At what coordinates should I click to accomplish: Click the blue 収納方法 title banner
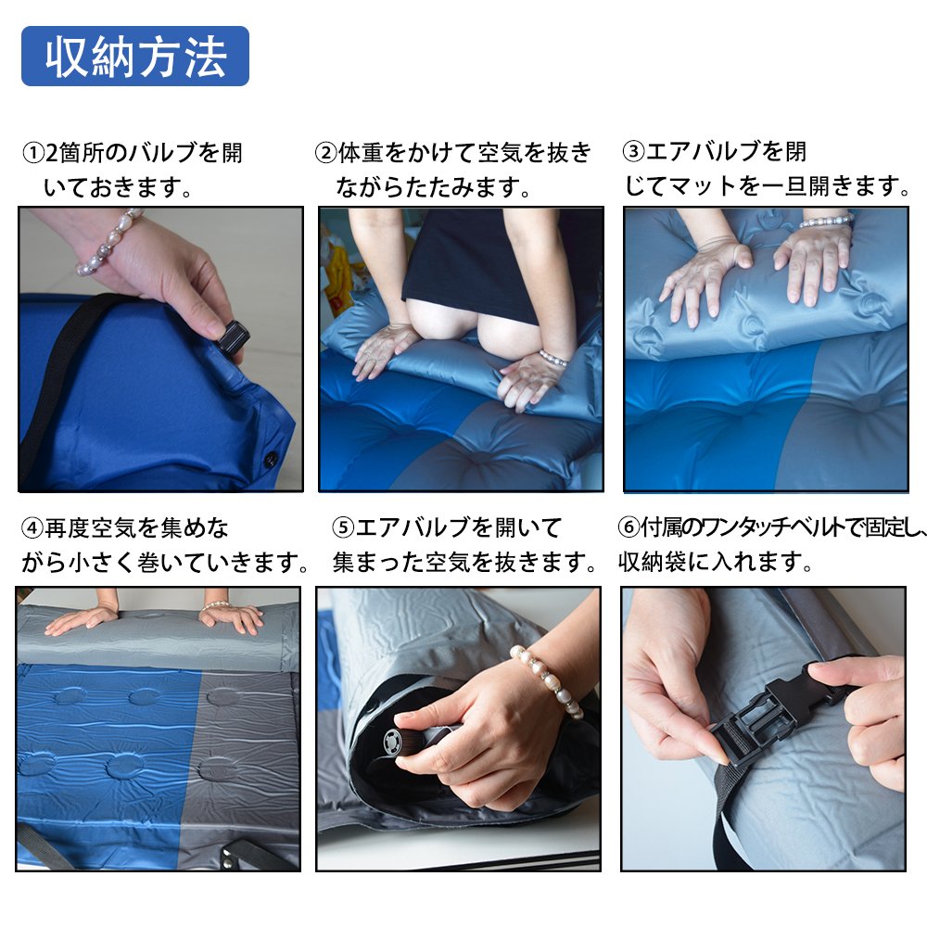[x=134, y=57]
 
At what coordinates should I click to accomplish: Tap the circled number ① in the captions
[x=33, y=153]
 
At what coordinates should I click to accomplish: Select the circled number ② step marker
[x=325, y=153]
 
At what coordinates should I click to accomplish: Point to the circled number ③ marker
[x=633, y=151]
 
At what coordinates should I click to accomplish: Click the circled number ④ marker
[x=32, y=527]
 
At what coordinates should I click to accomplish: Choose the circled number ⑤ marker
[x=343, y=527]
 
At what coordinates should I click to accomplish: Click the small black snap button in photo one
[x=271, y=458]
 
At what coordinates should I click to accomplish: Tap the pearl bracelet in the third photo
[x=827, y=222]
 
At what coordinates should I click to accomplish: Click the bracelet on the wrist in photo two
[x=553, y=358]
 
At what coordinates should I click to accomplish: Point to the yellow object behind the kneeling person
[x=337, y=278]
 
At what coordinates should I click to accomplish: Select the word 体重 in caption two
[x=362, y=153]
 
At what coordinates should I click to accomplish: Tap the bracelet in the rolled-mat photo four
[x=216, y=605]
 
